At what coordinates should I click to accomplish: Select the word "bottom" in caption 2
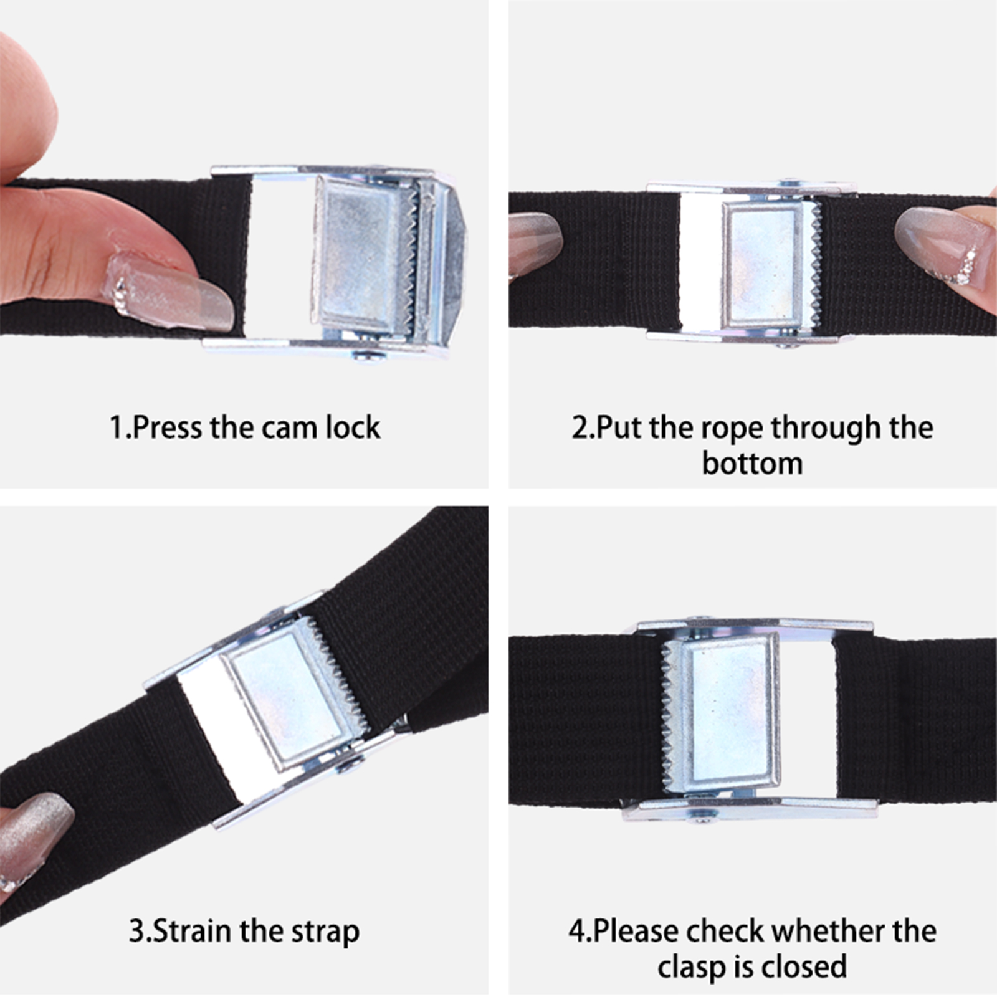click(752, 464)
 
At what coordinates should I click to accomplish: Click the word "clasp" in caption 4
click(692, 968)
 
